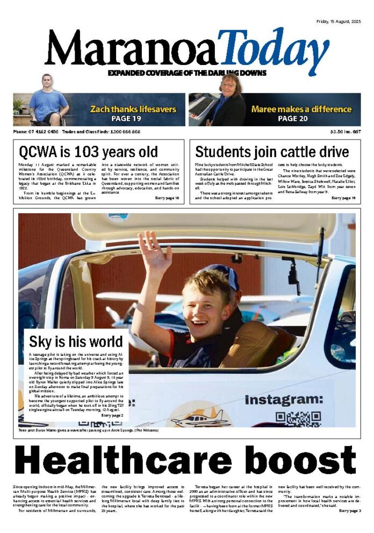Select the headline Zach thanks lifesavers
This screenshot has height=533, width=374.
(x=133, y=109)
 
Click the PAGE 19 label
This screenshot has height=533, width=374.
(x=126, y=119)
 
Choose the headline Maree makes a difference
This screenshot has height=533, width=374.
(x=301, y=109)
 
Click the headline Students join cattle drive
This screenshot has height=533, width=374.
(x=264, y=151)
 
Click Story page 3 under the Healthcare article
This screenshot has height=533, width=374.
(x=349, y=510)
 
